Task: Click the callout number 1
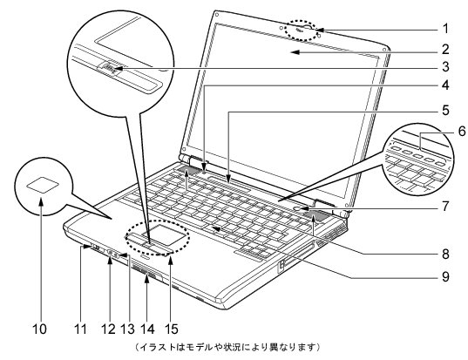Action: tap(445, 29)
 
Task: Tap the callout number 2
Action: tap(445, 50)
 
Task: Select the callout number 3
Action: tap(445, 67)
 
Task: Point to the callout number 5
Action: tap(445, 110)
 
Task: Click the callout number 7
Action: tap(445, 206)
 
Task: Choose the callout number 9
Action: tap(445, 276)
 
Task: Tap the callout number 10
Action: tap(39, 329)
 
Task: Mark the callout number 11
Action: tap(80, 329)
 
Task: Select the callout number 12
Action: tap(108, 329)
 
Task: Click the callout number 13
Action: tap(127, 329)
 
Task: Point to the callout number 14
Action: tap(147, 329)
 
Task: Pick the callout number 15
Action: tap(171, 329)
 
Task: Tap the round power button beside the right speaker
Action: tap(299, 208)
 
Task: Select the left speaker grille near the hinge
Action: tap(187, 171)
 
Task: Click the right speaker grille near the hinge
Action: tap(314, 215)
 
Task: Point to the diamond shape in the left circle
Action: tap(42, 185)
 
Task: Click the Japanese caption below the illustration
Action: tap(227, 347)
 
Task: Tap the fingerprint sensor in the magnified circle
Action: tap(109, 70)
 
